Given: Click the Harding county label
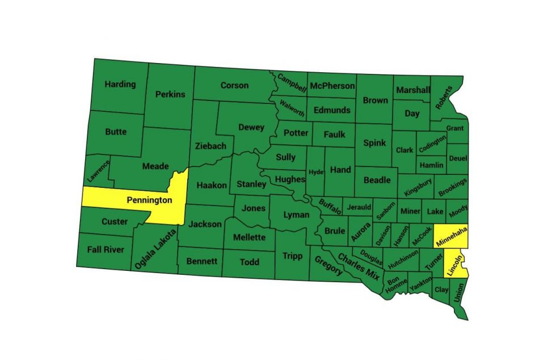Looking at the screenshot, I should (x=120, y=84).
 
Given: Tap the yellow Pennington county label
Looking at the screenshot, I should (x=149, y=200).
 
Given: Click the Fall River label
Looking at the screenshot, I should (x=106, y=249).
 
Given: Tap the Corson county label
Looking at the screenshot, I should (x=234, y=85).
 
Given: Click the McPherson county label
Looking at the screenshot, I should (x=332, y=86).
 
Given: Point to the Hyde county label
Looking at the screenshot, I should (x=316, y=171).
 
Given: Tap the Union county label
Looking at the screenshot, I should (x=458, y=292).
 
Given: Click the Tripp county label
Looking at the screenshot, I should (x=293, y=256).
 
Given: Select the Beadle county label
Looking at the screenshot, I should (x=377, y=179).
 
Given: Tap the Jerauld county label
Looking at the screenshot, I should (x=359, y=207).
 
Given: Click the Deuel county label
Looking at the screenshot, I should (x=457, y=158).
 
